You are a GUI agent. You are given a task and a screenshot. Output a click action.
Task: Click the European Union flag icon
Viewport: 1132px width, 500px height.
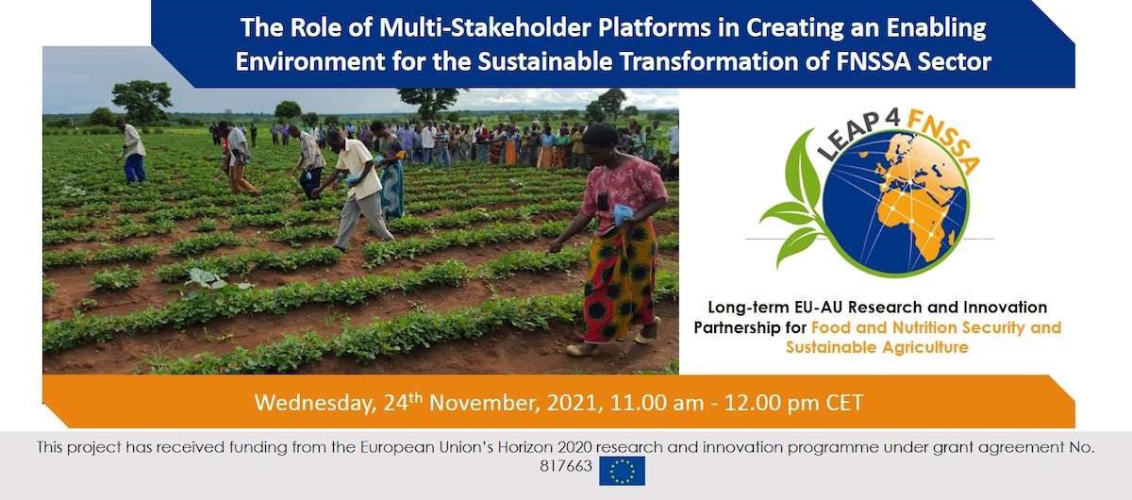pyautogui.click(x=622, y=471)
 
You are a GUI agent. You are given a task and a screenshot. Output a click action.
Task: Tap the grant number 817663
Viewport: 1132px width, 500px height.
pyautogui.click(x=565, y=466)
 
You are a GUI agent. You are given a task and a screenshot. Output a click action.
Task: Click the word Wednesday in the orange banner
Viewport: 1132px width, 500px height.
pyautogui.click(x=315, y=404)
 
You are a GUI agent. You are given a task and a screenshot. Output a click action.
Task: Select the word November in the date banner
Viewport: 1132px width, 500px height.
pyautogui.click(x=485, y=403)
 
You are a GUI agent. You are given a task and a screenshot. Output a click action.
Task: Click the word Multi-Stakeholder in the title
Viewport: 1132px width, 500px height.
pyautogui.click(x=485, y=27)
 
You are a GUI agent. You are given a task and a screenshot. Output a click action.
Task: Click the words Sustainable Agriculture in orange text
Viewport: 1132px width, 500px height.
pyautogui.click(x=876, y=347)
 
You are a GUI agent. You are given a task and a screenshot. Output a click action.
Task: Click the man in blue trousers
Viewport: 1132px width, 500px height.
pyautogui.click(x=133, y=152)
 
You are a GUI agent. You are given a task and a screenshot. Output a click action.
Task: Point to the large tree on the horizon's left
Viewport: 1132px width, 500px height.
pyautogui.click(x=142, y=100)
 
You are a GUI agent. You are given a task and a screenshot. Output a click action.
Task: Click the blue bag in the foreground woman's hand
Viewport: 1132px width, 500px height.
pyautogui.click(x=620, y=214)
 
